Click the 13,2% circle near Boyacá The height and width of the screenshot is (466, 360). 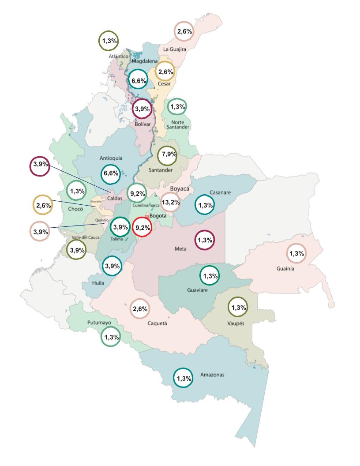click(170, 203)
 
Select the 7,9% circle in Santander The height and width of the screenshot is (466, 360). click(168, 154)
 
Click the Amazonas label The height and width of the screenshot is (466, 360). click(212, 375)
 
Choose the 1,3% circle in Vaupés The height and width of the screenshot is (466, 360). click(238, 307)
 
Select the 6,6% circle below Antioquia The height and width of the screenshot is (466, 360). click(110, 173)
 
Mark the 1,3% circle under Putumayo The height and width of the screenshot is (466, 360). click(110, 337)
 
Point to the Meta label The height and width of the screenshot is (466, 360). click(180, 249)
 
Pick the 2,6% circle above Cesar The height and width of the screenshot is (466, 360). click(165, 72)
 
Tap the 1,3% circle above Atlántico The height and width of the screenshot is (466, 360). click(108, 41)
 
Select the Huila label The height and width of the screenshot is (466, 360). click(98, 283)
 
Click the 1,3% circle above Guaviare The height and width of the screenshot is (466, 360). click(210, 276)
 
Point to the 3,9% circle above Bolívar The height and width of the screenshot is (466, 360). click(142, 109)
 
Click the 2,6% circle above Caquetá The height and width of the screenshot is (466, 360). click(140, 309)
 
